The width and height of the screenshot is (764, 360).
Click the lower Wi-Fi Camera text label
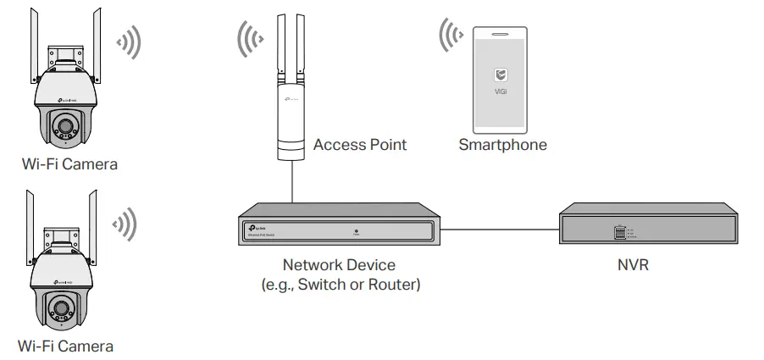click(65, 346)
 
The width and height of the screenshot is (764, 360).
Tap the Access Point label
click(360, 145)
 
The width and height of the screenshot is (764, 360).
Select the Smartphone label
click(502, 145)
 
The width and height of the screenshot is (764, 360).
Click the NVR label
click(634, 266)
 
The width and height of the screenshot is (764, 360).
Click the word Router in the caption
click(395, 285)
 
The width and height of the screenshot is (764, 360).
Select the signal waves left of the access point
click(252, 40)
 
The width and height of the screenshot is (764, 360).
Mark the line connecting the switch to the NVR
click(501, 229)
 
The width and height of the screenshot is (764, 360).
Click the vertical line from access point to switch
click(292, 182)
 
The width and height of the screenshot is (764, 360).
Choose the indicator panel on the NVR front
click(620, 231)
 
